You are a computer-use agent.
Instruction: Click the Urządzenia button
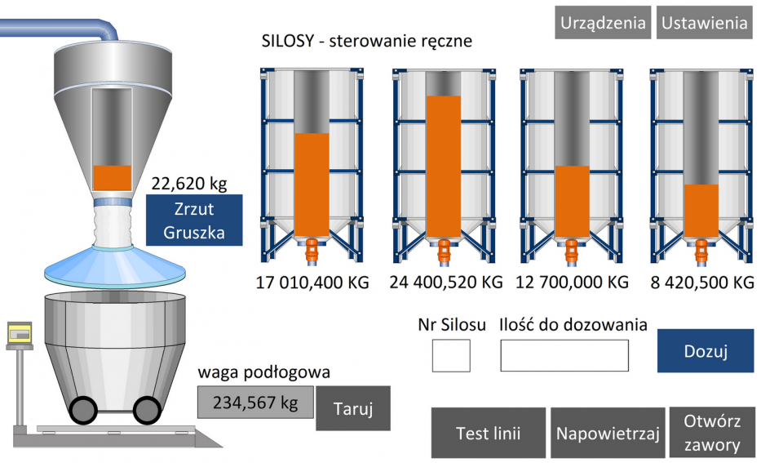point(603,22)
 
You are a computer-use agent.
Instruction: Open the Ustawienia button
point(705,22)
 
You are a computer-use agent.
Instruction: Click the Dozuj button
point(706,351)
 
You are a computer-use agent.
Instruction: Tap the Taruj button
point(353,408)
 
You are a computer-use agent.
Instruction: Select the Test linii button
point(489,433)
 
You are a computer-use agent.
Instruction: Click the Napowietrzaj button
point(608,433)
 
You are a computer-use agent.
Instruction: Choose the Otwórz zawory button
point(712,433)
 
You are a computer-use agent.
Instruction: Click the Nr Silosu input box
point(451,356)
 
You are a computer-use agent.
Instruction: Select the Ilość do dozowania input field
point(564,356)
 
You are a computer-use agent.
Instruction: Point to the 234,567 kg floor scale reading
point(255,403)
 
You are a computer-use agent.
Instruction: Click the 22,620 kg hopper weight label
point(189,184)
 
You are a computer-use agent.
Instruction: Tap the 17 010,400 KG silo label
point(312,283)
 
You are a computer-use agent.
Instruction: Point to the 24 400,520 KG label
point(446,282)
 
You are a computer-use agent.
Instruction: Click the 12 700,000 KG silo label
point(573,282)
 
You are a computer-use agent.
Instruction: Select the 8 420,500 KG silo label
point(702,283)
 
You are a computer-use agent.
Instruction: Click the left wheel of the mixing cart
point(83,410)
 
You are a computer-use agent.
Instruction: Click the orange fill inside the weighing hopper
point(112,178)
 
